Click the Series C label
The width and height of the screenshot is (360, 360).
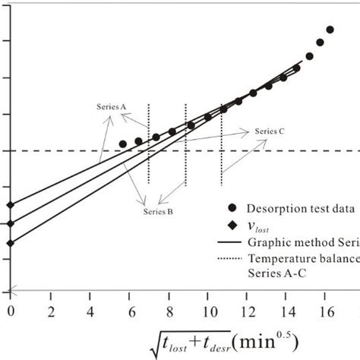270,131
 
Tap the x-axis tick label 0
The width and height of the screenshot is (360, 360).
10,311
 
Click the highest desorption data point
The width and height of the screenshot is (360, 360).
330,30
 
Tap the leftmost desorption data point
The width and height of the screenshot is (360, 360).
122,144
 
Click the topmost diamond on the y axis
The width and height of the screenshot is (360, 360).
10,205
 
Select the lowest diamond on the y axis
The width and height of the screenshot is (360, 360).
10,243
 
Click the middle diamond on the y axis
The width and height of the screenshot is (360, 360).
10,223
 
